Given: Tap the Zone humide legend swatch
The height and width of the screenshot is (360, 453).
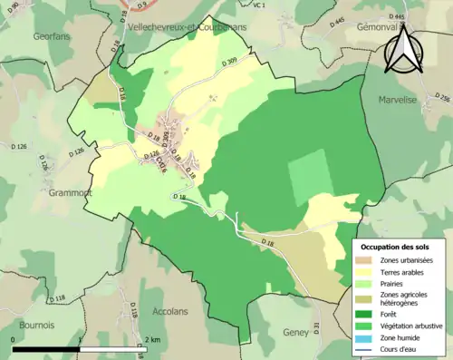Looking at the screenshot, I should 371,336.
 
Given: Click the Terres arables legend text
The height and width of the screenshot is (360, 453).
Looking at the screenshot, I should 406,270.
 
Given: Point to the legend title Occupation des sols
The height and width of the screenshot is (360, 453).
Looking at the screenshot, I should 395,247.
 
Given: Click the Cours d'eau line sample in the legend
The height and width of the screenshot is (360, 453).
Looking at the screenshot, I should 371,346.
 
